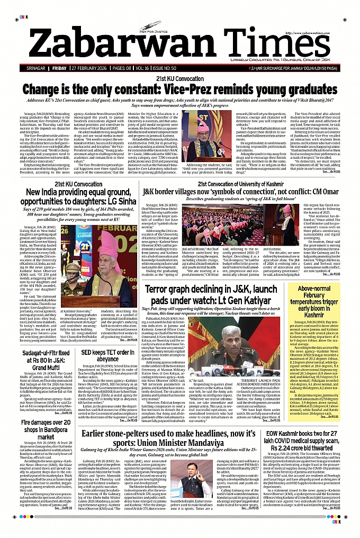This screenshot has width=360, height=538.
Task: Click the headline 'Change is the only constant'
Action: tap(180, 88)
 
